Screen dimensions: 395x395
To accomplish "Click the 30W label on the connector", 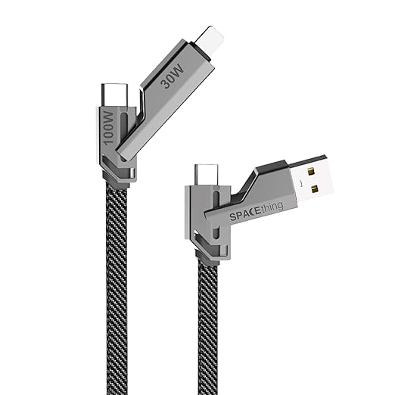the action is coord(173,76).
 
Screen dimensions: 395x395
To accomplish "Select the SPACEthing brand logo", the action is coord(256,210).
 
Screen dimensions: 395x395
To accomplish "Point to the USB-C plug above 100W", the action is coord(115,95).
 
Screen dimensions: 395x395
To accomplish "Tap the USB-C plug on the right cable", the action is coord(207,176).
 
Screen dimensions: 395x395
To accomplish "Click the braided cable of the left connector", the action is coord(117,290).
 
